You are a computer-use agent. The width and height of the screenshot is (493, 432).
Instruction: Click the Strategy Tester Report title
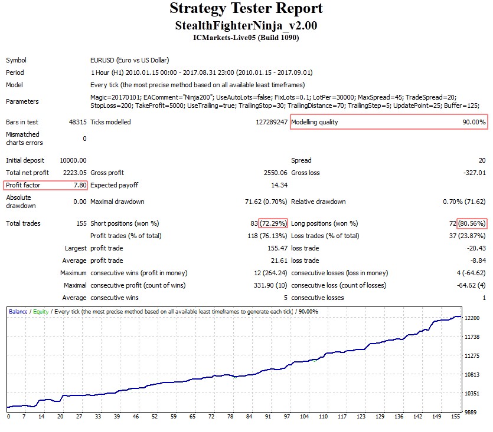tap(246, 9)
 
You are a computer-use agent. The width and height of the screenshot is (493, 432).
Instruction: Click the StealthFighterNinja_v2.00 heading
tap(246, 26)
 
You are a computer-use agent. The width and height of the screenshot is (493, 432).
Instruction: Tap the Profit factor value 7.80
tap(80, 185)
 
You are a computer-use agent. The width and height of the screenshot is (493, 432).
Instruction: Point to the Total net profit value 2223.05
tap(74, 173)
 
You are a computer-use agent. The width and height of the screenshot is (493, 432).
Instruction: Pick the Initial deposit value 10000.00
tap(73, 160)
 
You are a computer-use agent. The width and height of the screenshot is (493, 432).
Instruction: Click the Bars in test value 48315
tap(77, 123)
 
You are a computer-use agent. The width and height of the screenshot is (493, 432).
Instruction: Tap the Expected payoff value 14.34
tap(279, 185)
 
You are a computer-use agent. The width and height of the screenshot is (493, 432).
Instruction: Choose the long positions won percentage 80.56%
tap(472, 224)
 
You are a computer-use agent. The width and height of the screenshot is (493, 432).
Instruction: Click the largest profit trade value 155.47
tap(277, 249)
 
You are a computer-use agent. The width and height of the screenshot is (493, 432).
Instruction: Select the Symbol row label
tap(16, 60)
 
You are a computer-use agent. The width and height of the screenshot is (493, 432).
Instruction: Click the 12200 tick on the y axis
tap(472, 318)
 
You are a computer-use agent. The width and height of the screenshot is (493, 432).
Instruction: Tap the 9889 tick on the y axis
tap(471, 412)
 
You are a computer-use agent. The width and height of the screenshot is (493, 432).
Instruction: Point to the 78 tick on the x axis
tap(231, 417)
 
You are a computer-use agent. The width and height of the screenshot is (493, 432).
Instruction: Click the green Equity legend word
tap(41, 311)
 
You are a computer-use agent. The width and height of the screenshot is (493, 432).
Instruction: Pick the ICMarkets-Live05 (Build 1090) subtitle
tap(246, 38)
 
